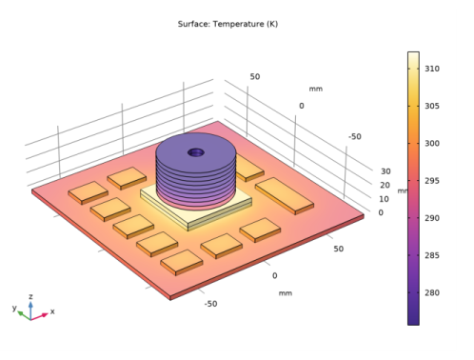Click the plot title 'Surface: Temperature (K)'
[227, 23]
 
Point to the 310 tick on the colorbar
[431, 70]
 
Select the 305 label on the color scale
[431, 107]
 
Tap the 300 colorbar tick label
[431, 144]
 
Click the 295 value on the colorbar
[431, 181]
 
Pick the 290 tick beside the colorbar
[431, 218]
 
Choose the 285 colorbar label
[431, 255]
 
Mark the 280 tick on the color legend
[431, 292]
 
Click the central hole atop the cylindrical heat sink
[195, 151]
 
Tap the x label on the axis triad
[52, 311]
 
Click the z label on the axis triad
[31, 296]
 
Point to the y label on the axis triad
[14, 309]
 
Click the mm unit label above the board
[316, 89]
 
